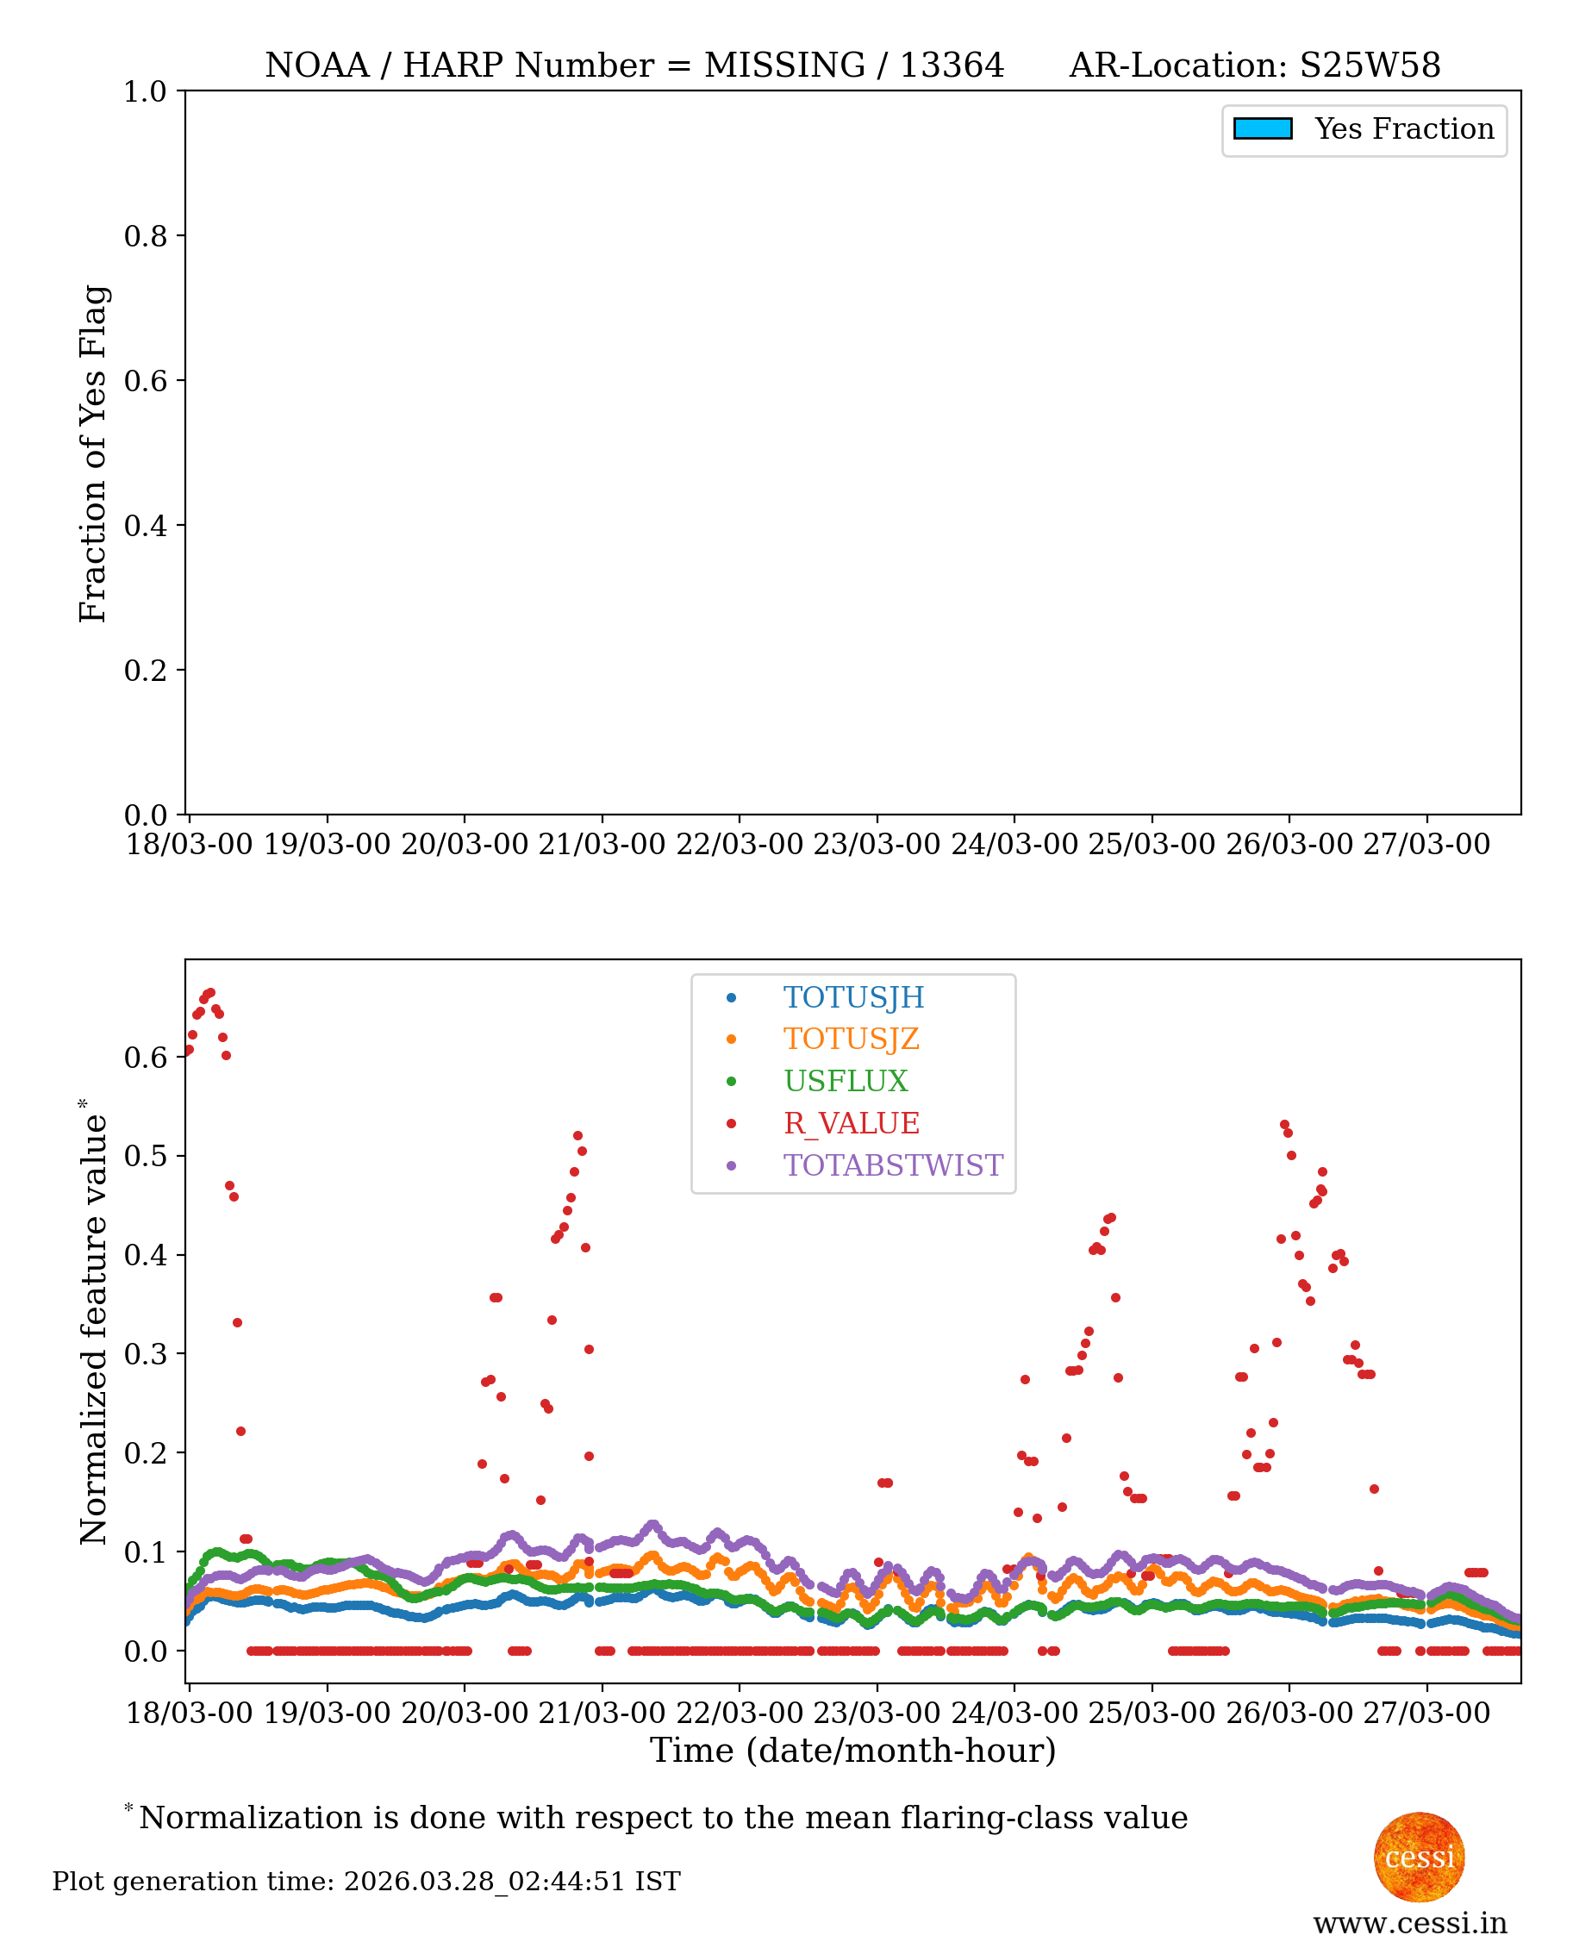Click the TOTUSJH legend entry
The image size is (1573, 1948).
(x=852, y=997)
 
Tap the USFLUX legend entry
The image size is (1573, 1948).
(x=845, y=1081)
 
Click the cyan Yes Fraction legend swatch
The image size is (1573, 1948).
(x=1262, y=128)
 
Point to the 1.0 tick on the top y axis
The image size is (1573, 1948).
(x=145, y=91)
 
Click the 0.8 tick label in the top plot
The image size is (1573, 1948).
(x=145, y=236)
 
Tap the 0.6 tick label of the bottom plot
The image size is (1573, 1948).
(x=145, y=1058)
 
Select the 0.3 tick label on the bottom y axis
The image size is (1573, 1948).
(x=145, y=1353)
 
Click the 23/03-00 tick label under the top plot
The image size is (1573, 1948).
(x=877, y=845)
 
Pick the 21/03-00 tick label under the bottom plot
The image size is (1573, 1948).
(x=602, y=1713)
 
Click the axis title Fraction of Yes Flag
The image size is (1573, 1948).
(x=93, y=453)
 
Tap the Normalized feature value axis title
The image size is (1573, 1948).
(x=93, y=1322)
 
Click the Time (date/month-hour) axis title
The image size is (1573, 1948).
(x=852, y=1751)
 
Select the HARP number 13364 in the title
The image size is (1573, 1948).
(x=952, y=66)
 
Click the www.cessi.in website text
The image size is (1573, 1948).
(x=1410, y=1923)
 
